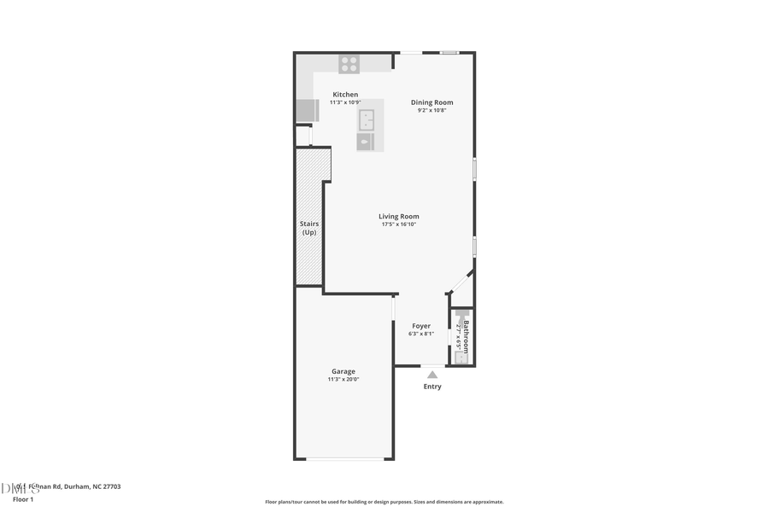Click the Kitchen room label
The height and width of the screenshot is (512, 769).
click(345, 95)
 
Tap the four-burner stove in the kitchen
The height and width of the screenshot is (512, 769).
click(349, 63)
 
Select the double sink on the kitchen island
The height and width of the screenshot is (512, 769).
click(367, 118)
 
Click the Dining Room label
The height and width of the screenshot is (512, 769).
click(431, 102)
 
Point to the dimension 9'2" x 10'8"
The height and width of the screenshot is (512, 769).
click(431, 110)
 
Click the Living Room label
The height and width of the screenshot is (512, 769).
click(399, 217)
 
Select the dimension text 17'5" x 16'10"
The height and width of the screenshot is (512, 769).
click(399, 224)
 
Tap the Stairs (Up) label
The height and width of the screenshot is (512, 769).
click(308, 228)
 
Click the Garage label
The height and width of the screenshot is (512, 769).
click(343, 371)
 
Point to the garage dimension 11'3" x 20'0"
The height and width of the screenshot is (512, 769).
click(343, 380)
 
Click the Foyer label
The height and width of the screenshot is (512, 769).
click(421, 326)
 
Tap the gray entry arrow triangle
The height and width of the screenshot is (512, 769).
click(432, 374)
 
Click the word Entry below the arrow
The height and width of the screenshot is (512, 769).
click(432, 387)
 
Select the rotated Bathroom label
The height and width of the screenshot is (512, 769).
click(467, 336)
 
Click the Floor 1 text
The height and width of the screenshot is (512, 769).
click(23, 498)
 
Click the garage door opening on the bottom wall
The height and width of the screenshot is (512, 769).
click(345, 459)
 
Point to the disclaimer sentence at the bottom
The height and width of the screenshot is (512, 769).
click(384, 502)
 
